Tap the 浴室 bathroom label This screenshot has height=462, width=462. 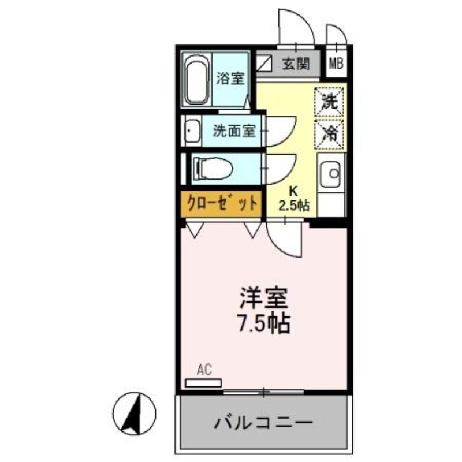click(x=230, y=79)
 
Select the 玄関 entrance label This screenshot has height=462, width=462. click(x=296, y=64)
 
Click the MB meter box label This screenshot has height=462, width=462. click(x=336, y=64)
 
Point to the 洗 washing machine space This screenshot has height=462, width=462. click(x=330, y=102)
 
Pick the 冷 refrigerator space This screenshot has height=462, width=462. click(x=330, y=133)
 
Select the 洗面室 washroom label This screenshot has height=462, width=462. click(x=233, y=131)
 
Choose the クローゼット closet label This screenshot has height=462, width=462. click(x=221, y=203)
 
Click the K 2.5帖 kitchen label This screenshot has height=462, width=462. click(x=293, y=198)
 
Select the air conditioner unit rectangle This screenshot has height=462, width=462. click(x=203, y=382)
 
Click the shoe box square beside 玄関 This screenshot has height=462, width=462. click(x=265, y=62)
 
